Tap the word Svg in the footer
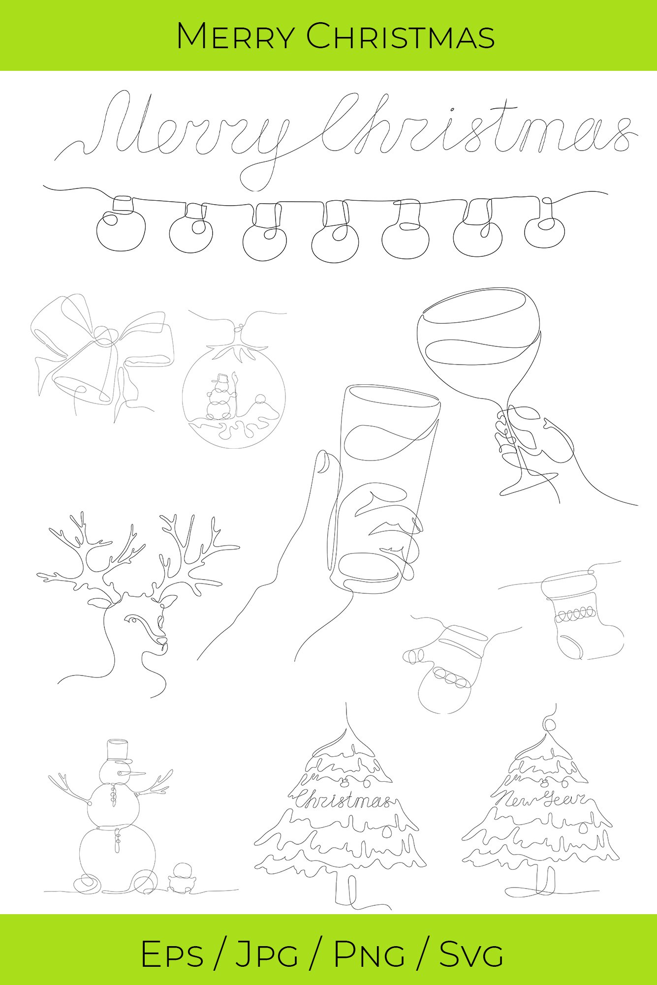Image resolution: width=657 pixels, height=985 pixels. pyautogui.click(x=471, y=954)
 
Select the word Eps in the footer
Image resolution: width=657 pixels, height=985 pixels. pyautogui.click(x=172, y=954)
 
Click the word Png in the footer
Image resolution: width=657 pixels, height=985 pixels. pyautogui.click(x=369, y=954)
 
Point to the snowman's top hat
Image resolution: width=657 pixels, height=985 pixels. pyautogui.click(x=118, y=749)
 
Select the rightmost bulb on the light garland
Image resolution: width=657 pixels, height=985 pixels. pyautogui.click(x=544, y=229)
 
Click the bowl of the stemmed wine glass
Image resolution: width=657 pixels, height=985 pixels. pyautogui.click(x=477, y=335)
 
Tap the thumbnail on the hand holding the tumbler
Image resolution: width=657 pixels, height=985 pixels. pyautogui.click(x=323, y=462)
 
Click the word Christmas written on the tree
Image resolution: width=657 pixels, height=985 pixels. pyautogui.click(x=343, y=800)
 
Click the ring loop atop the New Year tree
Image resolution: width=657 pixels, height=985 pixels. pyautogui.click(x=550, y=724)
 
